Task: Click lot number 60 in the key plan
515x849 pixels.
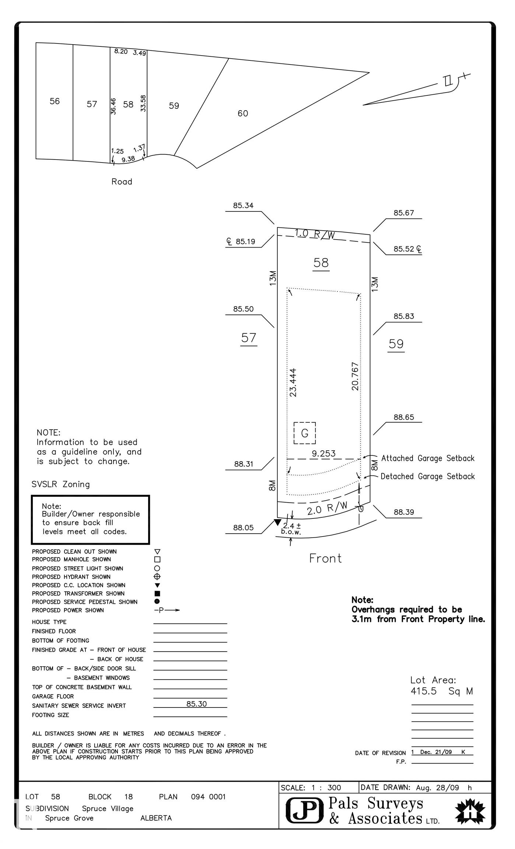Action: tap(243, 113)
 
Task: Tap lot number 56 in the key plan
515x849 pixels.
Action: tap(55, 101)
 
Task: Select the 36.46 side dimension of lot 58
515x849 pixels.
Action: tap(113, 106)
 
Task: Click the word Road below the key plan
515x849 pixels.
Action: tap(122, 182)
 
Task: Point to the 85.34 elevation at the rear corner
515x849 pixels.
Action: tap(243, 206)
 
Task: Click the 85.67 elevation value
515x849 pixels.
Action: tap(404, 213)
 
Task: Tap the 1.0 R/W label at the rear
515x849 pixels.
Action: tap(315, 234)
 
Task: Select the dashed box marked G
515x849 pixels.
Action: tap(305, 433)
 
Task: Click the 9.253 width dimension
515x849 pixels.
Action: tap(324, 454)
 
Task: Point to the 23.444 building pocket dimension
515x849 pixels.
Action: tap(293, 382)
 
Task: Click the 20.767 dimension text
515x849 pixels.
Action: tap(355, 376)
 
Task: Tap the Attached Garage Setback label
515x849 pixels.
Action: tap(428, 458)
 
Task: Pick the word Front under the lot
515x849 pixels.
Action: tap(325, 559)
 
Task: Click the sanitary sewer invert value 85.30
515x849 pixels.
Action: tap(196, 704)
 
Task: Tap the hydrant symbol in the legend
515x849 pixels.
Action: tap(157, 577)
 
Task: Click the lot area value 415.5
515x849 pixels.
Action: tap(424, 691)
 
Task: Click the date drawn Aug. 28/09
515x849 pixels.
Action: tap(438, 788)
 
